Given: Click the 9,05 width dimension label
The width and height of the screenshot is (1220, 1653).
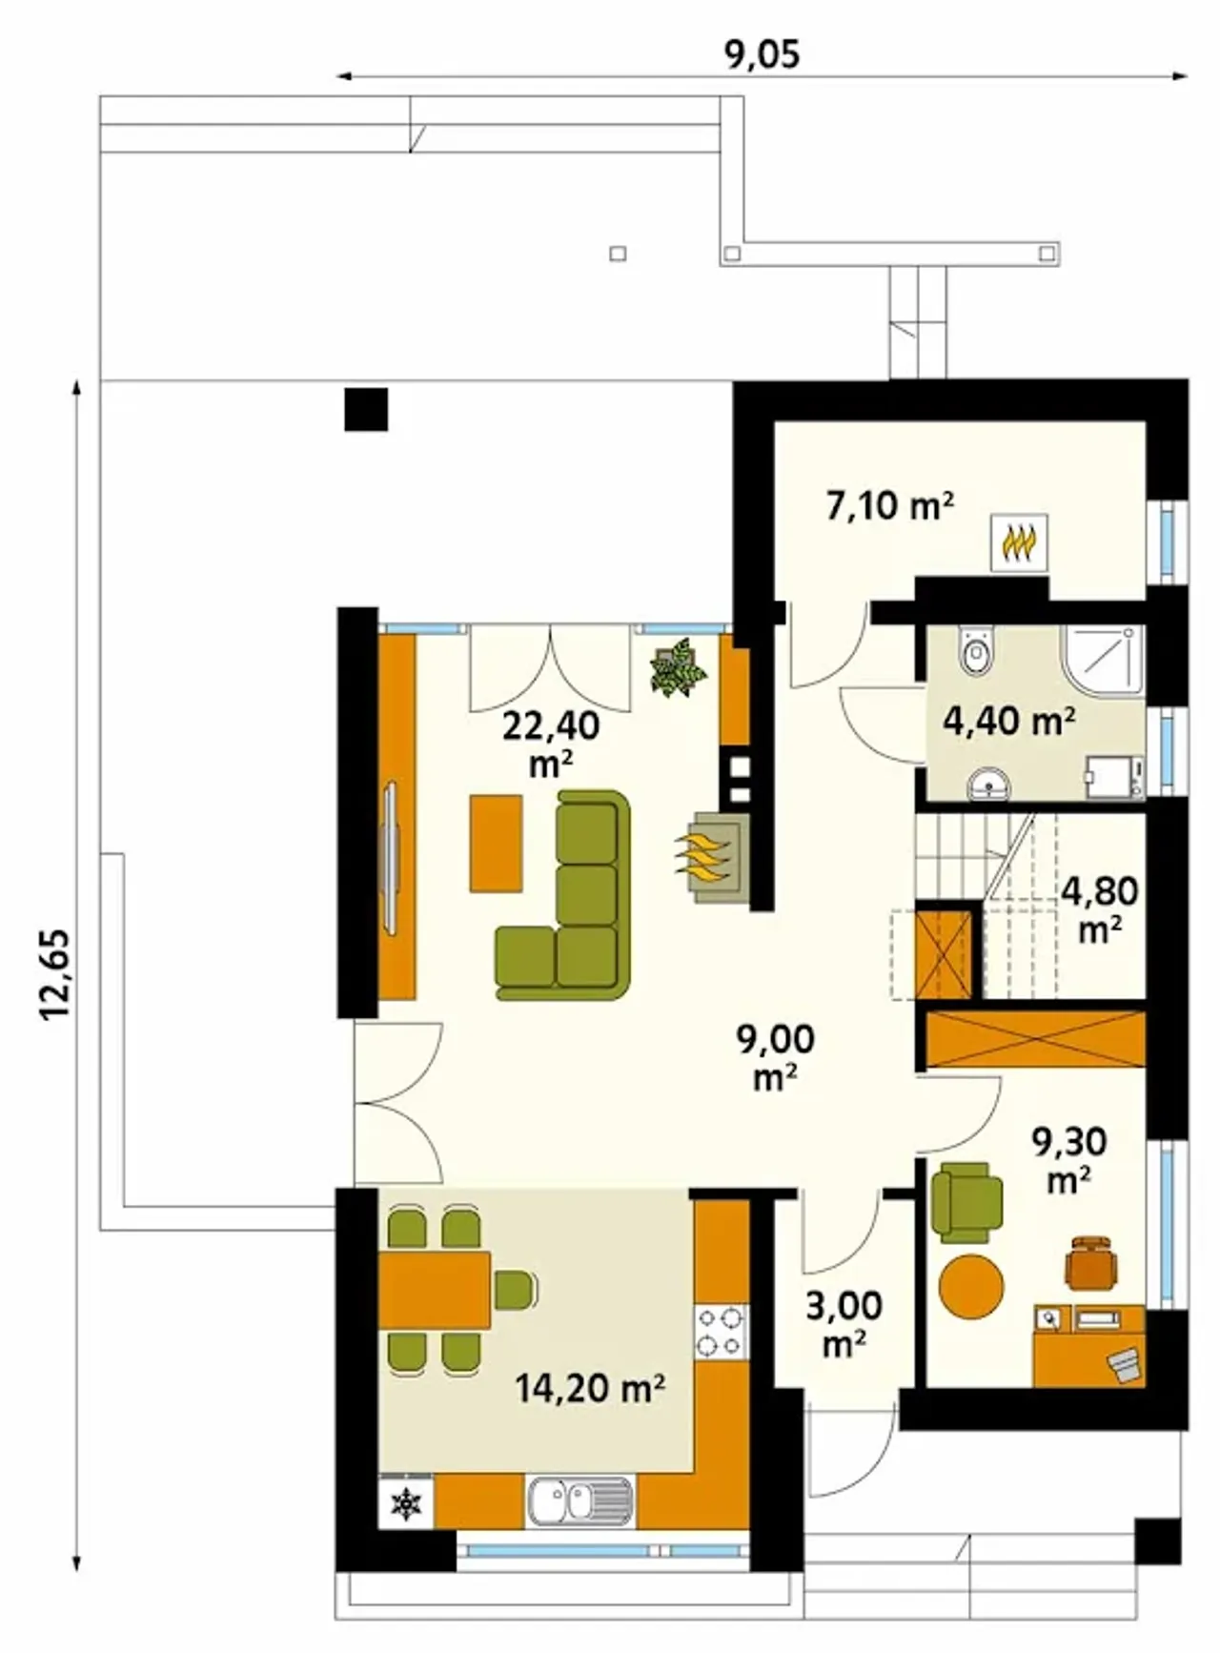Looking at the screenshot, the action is pos(762,54).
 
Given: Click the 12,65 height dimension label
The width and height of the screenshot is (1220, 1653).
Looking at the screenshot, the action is pos(56,974).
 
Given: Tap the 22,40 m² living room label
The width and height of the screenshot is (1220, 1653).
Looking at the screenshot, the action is pos(551,745).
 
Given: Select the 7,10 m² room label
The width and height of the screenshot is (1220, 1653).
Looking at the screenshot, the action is pos(889,505).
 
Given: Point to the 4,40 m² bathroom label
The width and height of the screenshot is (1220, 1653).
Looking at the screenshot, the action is pos(1009,721).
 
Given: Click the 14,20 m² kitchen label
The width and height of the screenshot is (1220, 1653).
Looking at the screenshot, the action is pos(590,1388).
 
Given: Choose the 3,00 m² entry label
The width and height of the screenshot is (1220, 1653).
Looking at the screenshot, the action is pos(844,1324).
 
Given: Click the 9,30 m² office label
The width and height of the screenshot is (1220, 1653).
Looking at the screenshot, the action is pos(1068,1159).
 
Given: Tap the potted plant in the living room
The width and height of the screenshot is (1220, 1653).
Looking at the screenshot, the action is pos(679,667).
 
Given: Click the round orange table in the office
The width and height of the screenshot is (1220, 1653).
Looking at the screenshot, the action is pos(971,1286).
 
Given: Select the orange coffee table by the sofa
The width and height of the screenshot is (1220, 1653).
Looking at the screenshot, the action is pos(496,843).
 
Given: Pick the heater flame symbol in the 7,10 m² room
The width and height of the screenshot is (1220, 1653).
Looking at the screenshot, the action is pos(1020,542).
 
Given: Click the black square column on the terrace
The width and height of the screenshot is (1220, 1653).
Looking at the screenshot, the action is pos(366,408).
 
